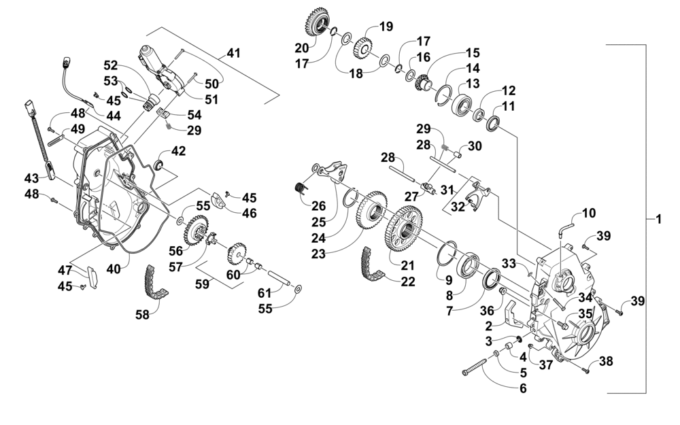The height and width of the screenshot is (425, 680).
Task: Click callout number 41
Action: (x=233, y=53)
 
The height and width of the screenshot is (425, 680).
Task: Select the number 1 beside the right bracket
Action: (x=658, y=220)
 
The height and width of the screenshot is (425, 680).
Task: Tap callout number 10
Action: (x=588, y=213)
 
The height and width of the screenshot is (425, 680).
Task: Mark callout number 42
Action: (x=178, y=151)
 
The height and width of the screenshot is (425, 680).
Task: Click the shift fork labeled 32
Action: (x=477, y=194)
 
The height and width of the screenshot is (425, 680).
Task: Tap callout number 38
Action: (x=606, y=360)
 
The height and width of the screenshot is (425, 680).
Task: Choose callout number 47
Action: (x=65, y=271)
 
